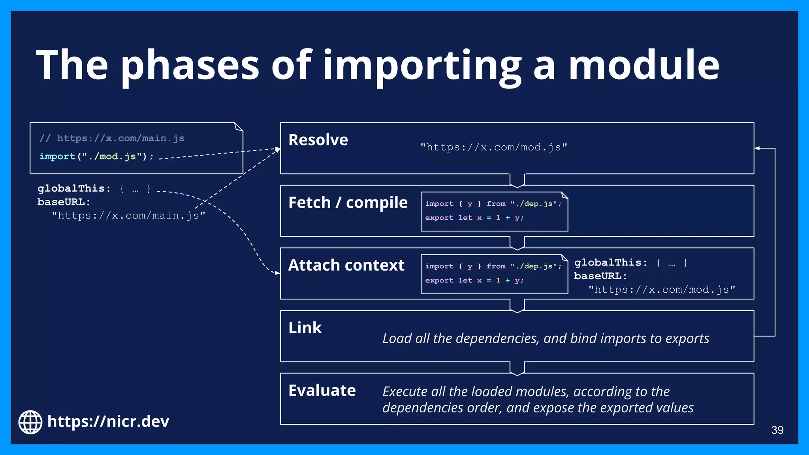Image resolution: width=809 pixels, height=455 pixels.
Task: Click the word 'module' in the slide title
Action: click(x=644, y=65)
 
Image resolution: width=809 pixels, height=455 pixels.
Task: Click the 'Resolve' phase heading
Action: click(x=318, y=140)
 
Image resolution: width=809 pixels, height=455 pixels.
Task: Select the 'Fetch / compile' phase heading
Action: click(x=348, y=203)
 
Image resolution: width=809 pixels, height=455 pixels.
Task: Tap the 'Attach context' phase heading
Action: click(x=346, y=265)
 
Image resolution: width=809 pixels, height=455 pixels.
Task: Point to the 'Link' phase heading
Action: click(x=305, y=328)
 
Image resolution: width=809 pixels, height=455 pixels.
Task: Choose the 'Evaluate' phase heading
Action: click(x=322, y=391)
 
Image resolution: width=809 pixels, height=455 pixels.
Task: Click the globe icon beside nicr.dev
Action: click(x=30, y=422)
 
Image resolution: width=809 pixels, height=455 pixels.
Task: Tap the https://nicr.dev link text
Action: click(x=108, y=422)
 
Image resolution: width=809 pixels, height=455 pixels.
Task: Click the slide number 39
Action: click(x=777, y=430)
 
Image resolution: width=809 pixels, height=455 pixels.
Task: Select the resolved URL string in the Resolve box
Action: click(x=493, y=147)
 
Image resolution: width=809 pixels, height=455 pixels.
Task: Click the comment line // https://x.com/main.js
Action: click(x=112, y=138)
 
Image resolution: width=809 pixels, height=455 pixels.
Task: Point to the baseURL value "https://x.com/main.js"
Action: click(x=128, y=216)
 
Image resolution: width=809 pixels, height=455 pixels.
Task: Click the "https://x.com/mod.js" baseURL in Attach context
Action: click(x=662, y=290)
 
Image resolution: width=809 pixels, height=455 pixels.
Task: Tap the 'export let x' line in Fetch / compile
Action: click(x=474, y=218)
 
